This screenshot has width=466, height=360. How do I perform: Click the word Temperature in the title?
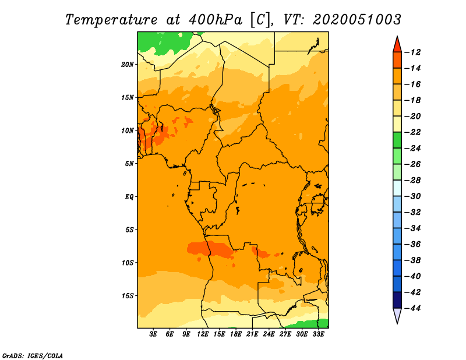[x=111, y=20]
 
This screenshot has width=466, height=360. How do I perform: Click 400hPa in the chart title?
[x=215, y=20]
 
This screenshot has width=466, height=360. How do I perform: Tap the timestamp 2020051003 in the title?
[x=357, y=20]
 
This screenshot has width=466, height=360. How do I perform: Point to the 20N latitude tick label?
[x=128, y=65]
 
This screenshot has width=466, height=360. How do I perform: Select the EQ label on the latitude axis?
[x=129, y=197]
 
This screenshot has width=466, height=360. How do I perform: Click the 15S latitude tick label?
[x=128, y=296]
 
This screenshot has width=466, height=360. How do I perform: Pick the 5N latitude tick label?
[x=129, y=164]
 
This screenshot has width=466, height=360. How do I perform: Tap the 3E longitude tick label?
[x=153, y=334]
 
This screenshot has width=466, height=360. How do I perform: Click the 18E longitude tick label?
[x=236, y=334]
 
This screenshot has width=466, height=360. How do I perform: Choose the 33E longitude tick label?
[x=318, y=334]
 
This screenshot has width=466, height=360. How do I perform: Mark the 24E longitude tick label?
[x=269, y=334]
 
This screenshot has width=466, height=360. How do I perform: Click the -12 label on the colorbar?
[x=412, y=52]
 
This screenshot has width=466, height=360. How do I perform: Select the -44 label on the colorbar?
[x=412, y=308]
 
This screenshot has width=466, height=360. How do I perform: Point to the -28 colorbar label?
[x=412, y=180]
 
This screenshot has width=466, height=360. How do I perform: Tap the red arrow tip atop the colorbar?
[x=397, y=37]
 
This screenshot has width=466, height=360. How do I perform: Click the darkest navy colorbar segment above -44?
[x=397, y=300]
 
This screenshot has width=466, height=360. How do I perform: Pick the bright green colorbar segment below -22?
[x=397, y=140]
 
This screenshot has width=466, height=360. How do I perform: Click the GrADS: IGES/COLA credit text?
[x=33, y=356]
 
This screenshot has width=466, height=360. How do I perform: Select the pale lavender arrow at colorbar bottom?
[x=397, y=316]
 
